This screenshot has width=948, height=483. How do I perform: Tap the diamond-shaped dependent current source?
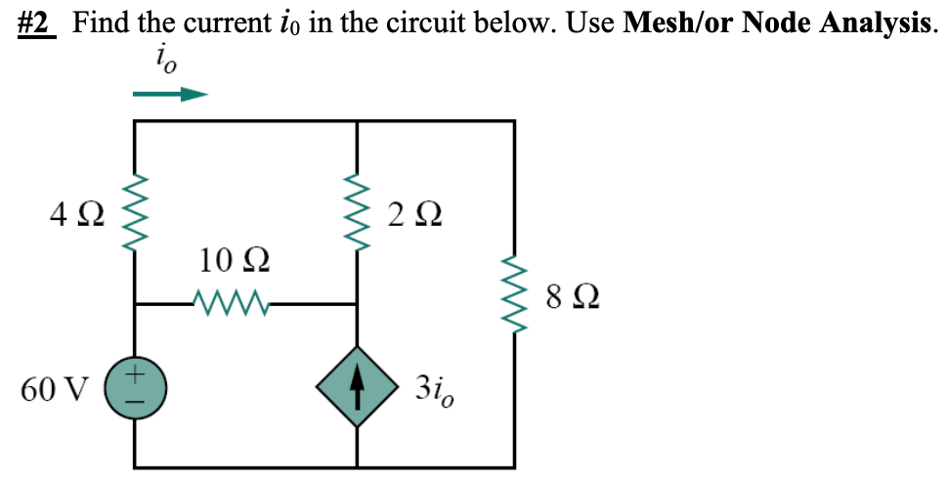click(357, 388)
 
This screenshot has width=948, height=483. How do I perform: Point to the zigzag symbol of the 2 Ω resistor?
click(357, 212)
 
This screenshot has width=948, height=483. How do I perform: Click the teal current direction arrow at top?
click(170, 95)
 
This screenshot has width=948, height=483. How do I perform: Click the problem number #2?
click(38, 23)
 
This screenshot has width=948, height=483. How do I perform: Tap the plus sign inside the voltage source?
click(135, 373)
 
